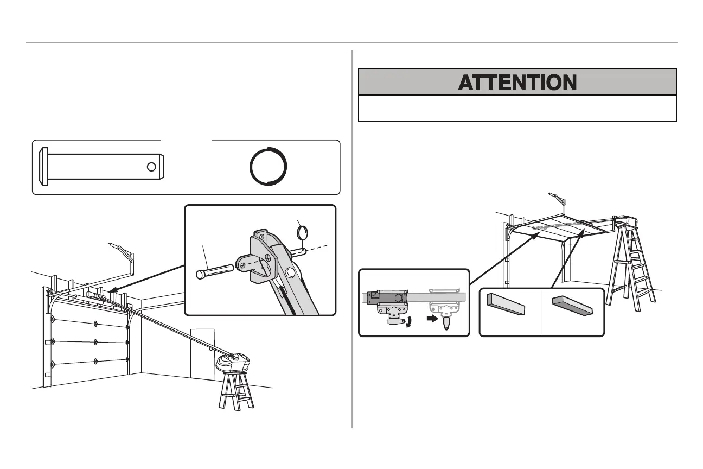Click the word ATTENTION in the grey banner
[x=517, y=83]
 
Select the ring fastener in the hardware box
[x=267, y=167]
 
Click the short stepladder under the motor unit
[x=234, y=391]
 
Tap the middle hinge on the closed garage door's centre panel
[x=95, y=341]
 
